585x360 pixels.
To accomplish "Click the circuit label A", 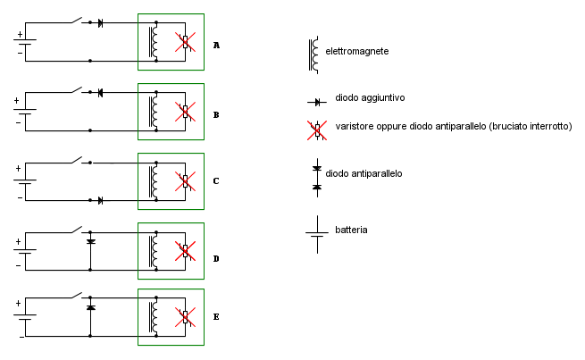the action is click(216, 46).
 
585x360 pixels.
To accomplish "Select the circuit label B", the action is click(216, 115).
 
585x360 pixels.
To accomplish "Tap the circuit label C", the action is click(216, 181).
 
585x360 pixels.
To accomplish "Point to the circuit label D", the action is click(216, 258).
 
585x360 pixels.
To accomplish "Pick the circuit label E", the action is click(216, 317).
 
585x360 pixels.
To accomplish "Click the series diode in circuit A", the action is click(100, 23).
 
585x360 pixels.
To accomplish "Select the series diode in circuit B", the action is click(100, 93).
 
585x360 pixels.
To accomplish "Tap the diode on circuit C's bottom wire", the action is click(100, 201).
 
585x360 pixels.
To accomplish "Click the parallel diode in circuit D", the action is click(91, 242).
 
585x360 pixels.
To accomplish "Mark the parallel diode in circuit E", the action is click(91, 307).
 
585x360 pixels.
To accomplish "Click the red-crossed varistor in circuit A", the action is click(186, 42).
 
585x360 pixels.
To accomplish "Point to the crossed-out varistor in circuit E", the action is click(186, 317).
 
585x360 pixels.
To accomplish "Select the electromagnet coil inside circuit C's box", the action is click(153, 181).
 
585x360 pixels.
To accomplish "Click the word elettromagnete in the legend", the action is click(357, 51).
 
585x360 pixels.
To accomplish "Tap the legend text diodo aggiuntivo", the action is click(370, 97).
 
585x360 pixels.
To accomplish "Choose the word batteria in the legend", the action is click(351, 230).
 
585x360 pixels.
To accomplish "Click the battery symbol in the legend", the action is click(317, 234).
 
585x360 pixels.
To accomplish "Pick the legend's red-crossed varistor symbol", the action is click(317, 130).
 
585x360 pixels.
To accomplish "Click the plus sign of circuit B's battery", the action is click(16, 101).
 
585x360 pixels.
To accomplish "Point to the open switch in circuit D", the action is click(77, 229).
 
